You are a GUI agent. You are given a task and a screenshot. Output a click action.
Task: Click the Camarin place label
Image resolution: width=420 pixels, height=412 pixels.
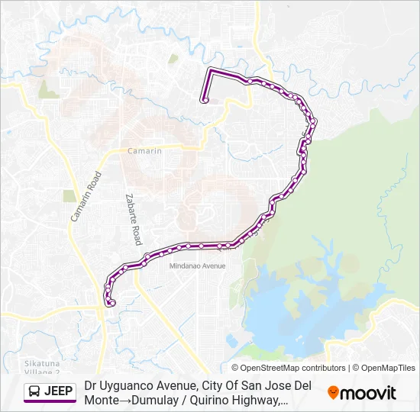[145, 151]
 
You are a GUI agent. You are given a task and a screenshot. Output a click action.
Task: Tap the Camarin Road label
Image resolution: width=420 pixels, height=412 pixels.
[86, 197]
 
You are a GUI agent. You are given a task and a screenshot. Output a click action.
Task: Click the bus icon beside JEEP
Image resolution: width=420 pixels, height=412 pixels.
[35, 392]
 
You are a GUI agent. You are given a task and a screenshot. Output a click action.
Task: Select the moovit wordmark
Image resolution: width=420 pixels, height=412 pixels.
[368, 393]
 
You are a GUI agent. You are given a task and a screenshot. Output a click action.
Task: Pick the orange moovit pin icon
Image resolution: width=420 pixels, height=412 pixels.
[333, 393]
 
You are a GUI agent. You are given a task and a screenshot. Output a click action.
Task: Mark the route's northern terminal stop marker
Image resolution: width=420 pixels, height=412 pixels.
[205, 100]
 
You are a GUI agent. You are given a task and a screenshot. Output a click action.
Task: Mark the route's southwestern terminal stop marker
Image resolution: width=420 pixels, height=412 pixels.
[112, 303]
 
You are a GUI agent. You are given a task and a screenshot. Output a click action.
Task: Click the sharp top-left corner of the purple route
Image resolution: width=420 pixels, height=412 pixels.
[211, 70]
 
